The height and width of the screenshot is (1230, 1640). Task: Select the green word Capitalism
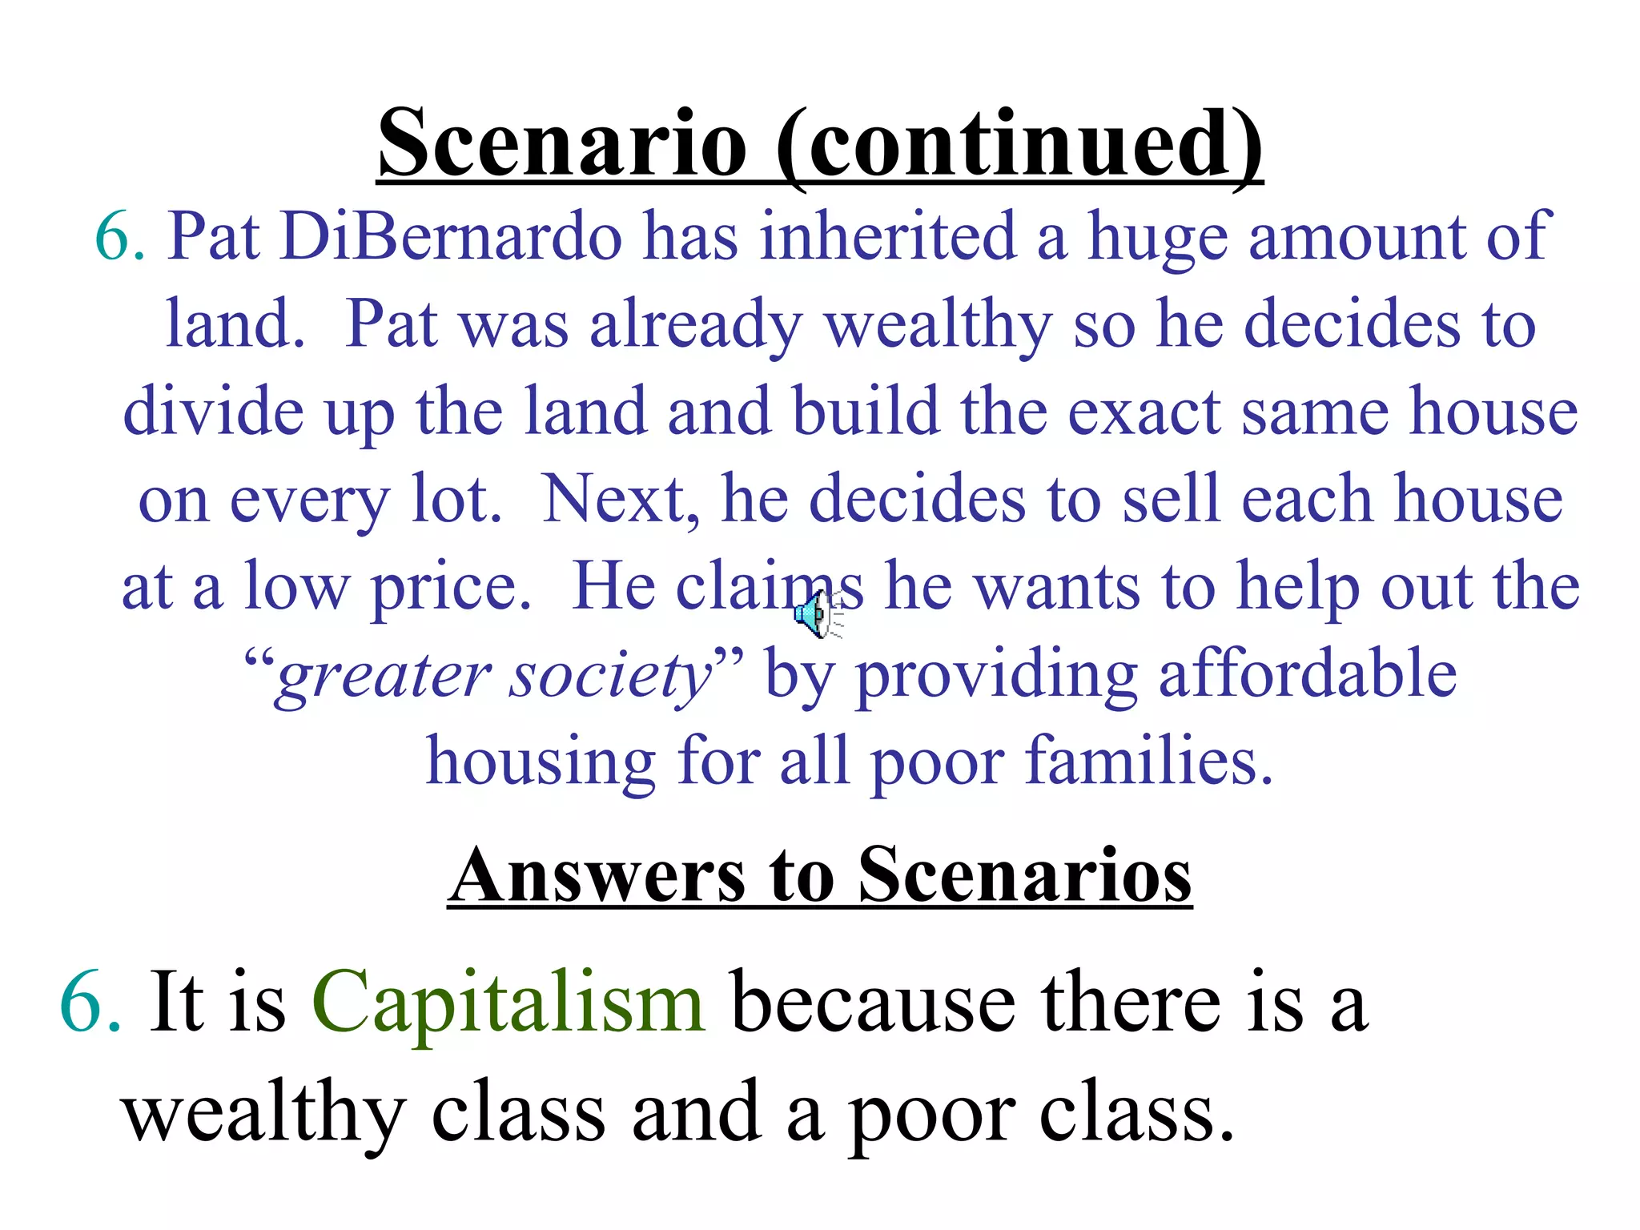pyautogui.click(x=508, y=1003)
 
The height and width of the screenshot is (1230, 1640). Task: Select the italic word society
pyautogui.click(x=612, y=677)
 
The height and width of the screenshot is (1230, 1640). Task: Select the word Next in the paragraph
pyautogui.click(x=613, y=499)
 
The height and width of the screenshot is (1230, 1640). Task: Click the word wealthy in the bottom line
pyautogui.click(x=264, y=1115)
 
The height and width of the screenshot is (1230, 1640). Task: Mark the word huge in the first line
pyautogui.click(x=1156, y=238)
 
